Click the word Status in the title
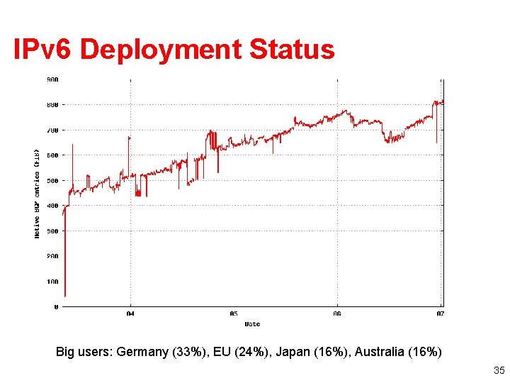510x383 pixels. click(292, 50)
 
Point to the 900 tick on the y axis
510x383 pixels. click(53, 79)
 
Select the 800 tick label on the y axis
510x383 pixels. click(53, 104)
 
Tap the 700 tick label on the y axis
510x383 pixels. click(53, 130)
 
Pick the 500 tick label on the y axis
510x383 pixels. click(53, 180)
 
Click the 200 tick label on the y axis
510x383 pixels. click(53, 256)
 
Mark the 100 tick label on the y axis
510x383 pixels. click(53, 282)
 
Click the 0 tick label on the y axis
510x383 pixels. click(56, 307)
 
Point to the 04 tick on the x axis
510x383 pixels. click(130, 313)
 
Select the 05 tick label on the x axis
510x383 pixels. click(234, 313)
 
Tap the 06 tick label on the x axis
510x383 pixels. click(337, 313)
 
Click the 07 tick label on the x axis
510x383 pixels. click(440, 313)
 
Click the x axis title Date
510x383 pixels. click(252, 324)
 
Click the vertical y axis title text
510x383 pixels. click(38, 192)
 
